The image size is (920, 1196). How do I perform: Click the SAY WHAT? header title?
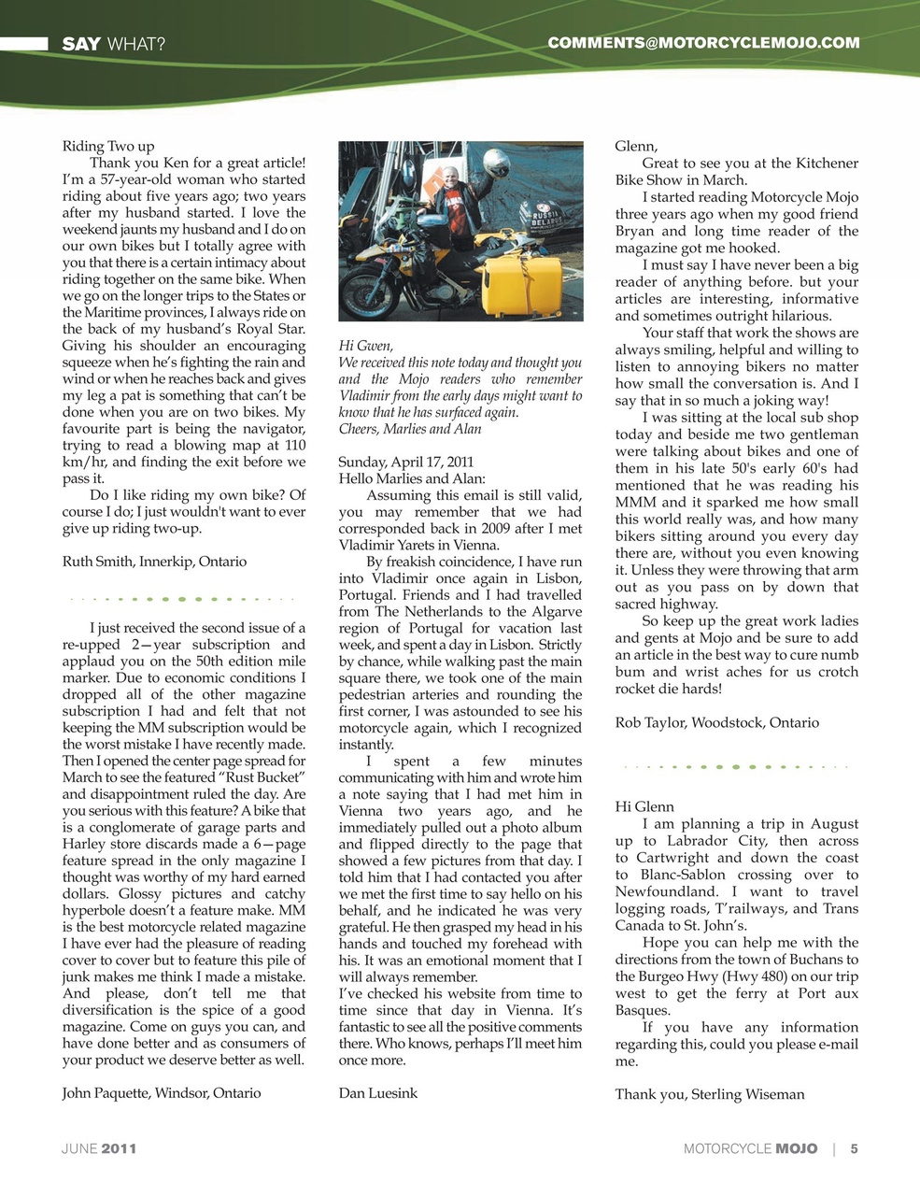[113, 44]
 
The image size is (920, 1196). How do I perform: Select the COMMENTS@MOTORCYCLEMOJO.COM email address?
[703, 43]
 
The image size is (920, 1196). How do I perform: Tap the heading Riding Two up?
[108, 147]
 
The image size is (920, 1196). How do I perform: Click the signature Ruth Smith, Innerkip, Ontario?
[154, 562]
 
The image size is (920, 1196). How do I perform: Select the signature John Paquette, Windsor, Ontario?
[162, 1092]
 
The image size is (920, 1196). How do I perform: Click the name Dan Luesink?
[377, 1092]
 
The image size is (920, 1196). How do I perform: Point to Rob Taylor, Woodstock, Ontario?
[716, 722]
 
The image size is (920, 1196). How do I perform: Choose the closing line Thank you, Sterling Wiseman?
[709, 1094]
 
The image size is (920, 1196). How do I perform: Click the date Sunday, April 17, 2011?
[405, 462]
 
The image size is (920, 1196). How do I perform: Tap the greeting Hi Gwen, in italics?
[365, 346]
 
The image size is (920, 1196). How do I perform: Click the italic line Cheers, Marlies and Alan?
[410, 429]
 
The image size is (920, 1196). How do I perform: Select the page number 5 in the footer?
[854, 1148]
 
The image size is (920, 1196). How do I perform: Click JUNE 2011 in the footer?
[99, 1148]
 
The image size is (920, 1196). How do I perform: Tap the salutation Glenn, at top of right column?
[636, 147]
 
